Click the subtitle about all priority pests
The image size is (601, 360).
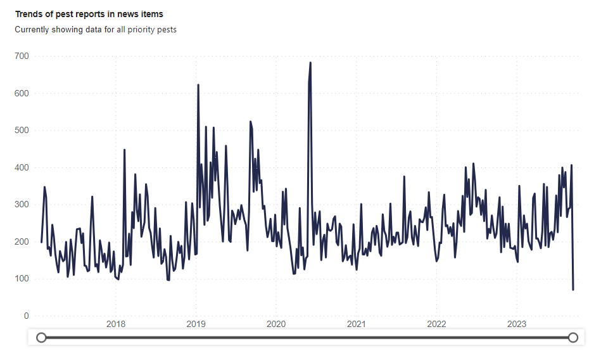(96, 29)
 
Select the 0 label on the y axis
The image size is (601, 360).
(26, 316)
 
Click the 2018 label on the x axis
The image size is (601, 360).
(116, 325)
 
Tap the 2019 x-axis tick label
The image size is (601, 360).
(196, 325)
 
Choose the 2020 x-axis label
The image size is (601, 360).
(276, 325)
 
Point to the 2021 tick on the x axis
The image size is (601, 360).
(357, 325)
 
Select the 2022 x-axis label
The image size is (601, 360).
(436, 325)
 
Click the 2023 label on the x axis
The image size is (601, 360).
(517, 325)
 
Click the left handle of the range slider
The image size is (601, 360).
(41, 338)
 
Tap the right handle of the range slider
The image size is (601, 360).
(573, 338)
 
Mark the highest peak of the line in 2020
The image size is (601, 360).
(310, 63)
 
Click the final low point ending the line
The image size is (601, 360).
(573, 290)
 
